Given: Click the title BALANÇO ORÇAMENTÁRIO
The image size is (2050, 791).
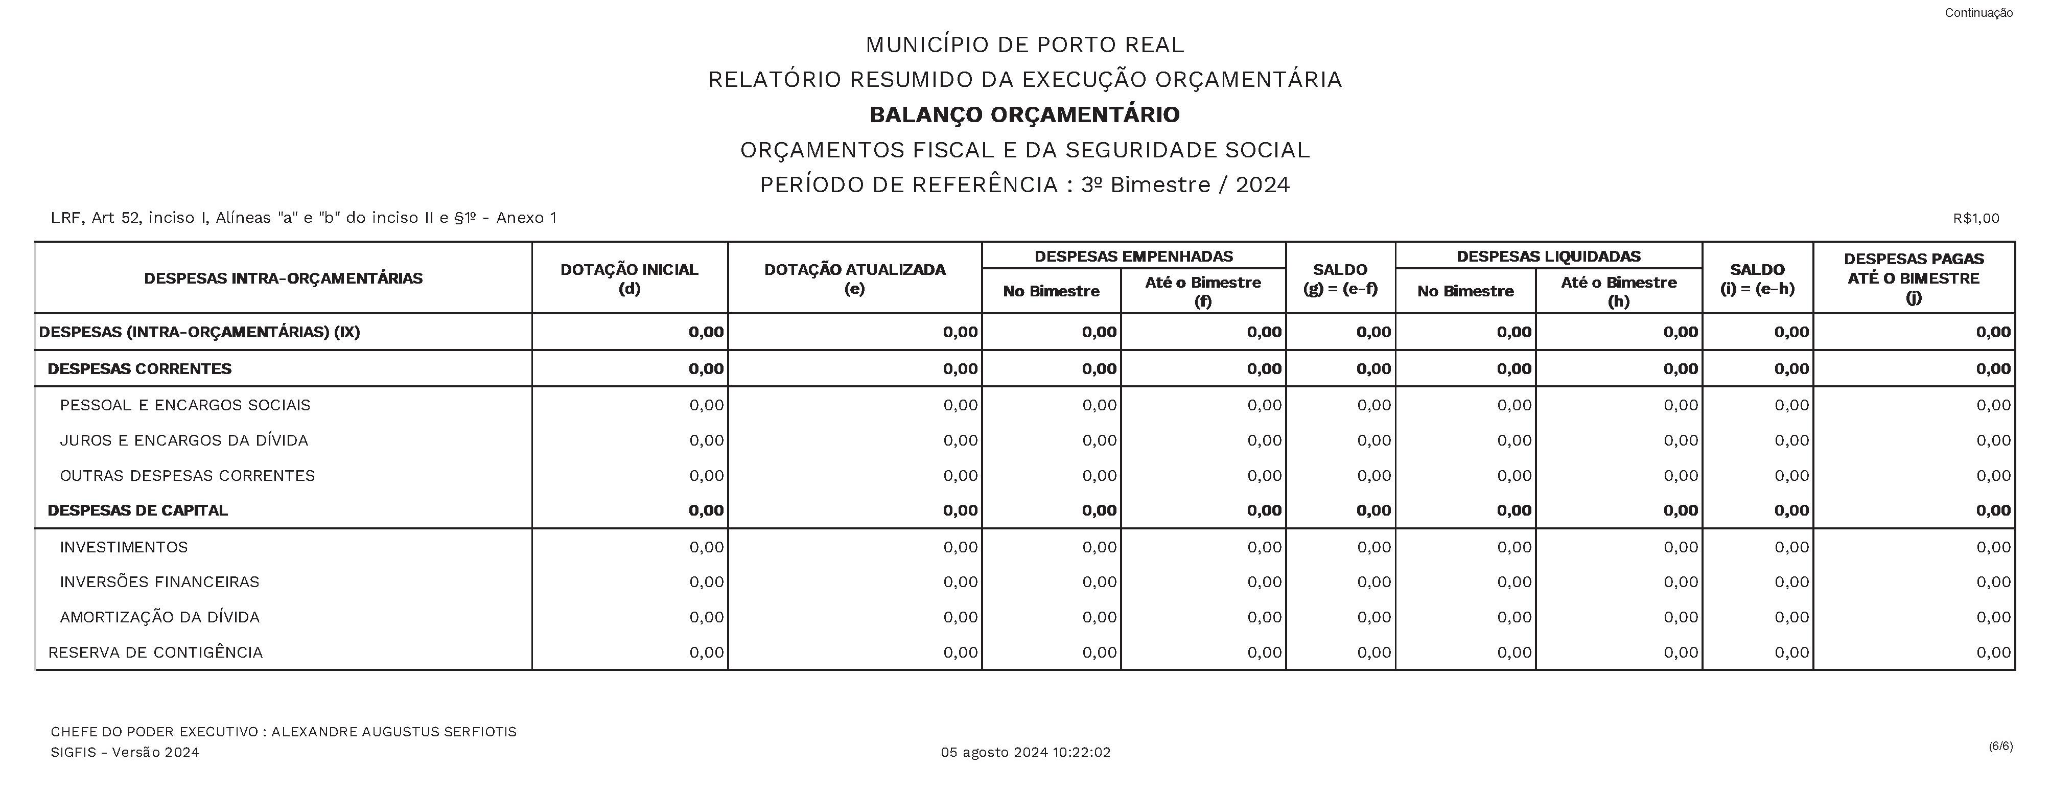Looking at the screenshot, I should click(1024, 114).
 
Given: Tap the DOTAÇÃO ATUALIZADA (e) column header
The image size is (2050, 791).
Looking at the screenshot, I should click(855, 278).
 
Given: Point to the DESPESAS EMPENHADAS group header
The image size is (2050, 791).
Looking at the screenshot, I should click(1133, 256).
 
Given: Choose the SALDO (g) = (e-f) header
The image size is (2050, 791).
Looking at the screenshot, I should click(1340, 278).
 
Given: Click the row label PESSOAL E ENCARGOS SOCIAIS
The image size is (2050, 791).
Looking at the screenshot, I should click(184, 405).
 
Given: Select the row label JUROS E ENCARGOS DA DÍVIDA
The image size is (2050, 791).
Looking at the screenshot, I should click(184, 440).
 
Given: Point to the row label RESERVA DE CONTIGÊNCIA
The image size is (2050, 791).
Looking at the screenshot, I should click(155, 653).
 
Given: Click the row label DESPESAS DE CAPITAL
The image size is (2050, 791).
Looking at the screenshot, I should click(137, 510).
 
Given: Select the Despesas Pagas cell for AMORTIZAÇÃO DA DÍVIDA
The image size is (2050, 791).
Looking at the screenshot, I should click(1993, 617).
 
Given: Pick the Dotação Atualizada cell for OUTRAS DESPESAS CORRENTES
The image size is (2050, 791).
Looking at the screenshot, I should click(960, 475).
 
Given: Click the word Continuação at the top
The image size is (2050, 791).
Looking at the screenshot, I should click(1978, 13).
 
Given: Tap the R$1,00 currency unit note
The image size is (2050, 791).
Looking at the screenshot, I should click(1975, 218).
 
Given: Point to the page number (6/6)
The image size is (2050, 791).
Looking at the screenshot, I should click(2000, 746).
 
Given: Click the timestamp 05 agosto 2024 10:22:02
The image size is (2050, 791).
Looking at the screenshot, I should click(1025, 752).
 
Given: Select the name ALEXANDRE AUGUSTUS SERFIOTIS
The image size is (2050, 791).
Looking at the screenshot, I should click(394, 731).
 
